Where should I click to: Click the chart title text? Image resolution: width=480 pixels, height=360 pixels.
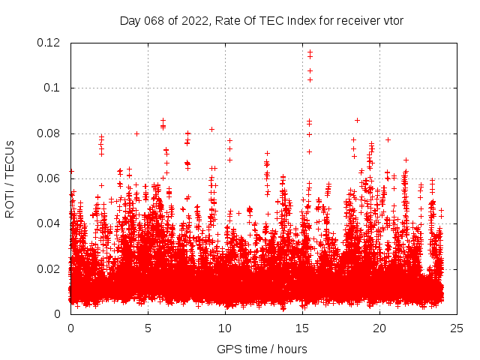click(x=262, y=20)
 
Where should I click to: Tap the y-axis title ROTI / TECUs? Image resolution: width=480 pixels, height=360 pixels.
click(x=10, y=178)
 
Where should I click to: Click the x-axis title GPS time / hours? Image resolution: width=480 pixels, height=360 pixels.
click(x=262, y=349)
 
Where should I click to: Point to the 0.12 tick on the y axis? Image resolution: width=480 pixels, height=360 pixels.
click(x=49, y=43)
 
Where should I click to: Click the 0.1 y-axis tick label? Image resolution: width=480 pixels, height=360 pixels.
click(x=52, y=88)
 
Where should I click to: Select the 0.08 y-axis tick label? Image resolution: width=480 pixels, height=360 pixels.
click(x=49, y=133)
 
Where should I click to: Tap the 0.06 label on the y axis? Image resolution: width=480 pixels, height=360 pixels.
click(x=49, y=178)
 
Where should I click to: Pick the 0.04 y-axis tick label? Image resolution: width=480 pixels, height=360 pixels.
click(x=49, y=223)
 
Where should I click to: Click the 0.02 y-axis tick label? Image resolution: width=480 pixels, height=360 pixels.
click(x=49, y=268)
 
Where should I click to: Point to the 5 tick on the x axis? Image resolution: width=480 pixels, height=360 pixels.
click(x=148, y=328)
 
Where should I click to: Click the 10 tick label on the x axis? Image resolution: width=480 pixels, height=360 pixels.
click(x=225, y=328)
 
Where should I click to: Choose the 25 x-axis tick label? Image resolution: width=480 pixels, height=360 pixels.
click(x=457, y=328)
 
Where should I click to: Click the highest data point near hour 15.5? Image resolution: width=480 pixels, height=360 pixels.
click(x=310, y=52)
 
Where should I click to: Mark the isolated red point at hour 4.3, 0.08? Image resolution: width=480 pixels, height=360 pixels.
click(x=136, y=133)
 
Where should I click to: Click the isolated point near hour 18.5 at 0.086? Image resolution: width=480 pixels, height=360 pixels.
click(x=357, y=120)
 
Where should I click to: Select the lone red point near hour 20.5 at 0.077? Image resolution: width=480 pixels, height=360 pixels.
click(x=388, y=139)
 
